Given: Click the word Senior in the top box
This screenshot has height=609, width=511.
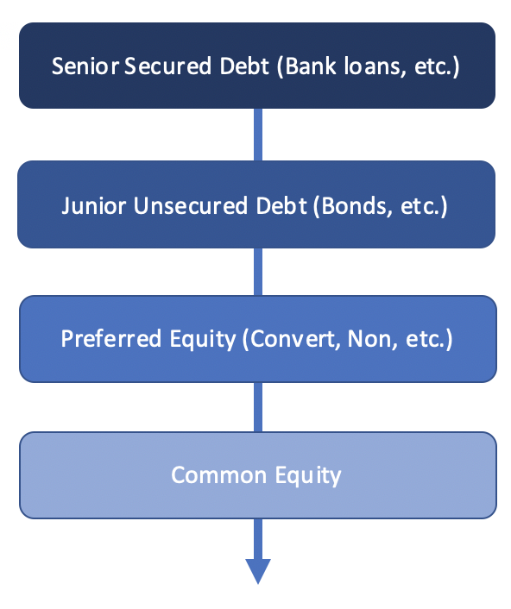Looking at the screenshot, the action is [x=85, y=66].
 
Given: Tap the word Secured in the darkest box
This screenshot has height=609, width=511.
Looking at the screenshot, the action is [x=167, y=66].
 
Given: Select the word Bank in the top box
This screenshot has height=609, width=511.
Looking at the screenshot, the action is [x=311, y=66].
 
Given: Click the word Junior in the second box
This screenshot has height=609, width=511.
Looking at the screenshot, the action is [x=93, y=205].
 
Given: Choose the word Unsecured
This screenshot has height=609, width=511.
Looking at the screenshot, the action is [x=191, y=205].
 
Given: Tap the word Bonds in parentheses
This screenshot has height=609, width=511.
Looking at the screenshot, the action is [x=354, y=205].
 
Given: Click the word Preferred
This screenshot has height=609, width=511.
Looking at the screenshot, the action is [x=110, y=339].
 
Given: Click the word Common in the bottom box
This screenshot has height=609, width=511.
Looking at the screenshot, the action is [x=218, y=475].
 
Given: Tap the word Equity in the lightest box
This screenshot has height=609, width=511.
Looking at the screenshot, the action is [x=308, y=476].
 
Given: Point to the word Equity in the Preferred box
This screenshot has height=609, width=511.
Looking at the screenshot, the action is [x=203, y=340].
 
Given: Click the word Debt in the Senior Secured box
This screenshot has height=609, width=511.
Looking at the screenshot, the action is [x=244, y=66].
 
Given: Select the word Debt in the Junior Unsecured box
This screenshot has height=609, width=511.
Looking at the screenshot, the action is [x=281, y=205].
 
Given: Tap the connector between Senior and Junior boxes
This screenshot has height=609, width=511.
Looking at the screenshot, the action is [x=258, y=135].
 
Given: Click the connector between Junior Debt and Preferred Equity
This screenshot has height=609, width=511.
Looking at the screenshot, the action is [x=258, y=272].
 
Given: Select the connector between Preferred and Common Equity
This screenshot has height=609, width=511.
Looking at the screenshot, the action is [x=258, y=407].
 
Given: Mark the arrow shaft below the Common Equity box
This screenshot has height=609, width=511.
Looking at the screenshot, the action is [x=258, y=539].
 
